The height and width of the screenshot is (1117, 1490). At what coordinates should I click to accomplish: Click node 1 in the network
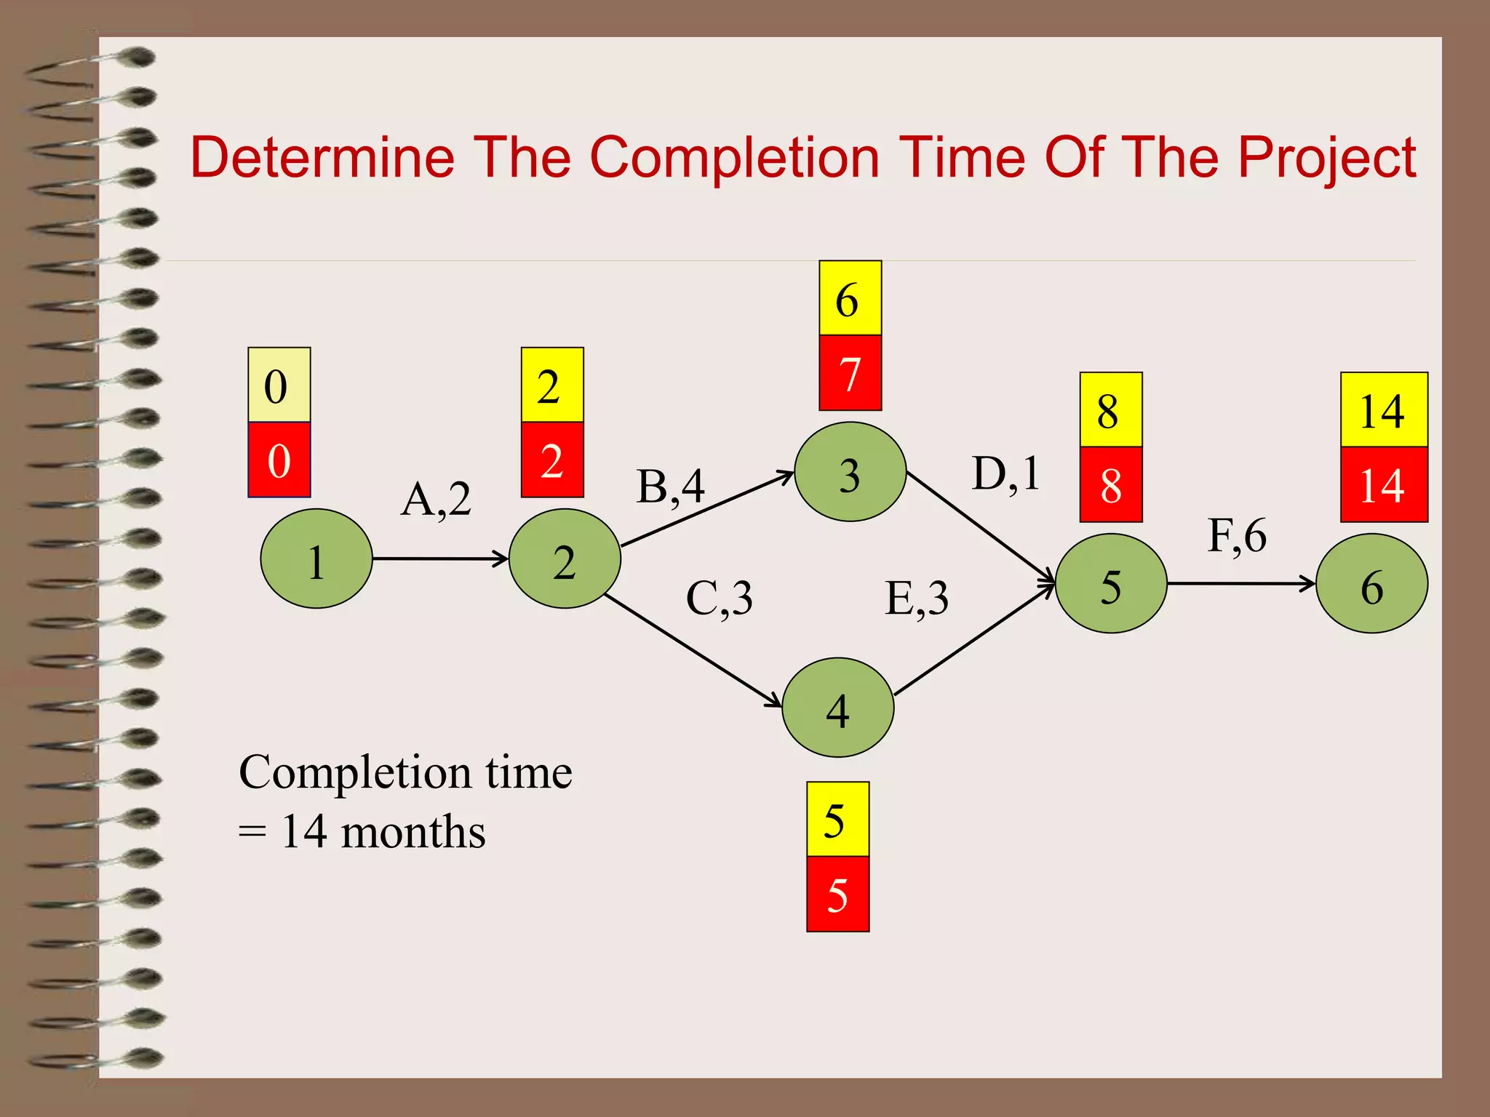coord(316,558)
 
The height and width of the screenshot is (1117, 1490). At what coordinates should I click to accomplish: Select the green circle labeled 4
coord(837,708)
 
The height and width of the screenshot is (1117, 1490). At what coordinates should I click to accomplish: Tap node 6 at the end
coord(1371,583)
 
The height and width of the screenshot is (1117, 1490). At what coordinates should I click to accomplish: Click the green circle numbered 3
coord(850,472)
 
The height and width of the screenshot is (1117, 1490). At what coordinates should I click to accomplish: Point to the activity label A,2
coord(436,500)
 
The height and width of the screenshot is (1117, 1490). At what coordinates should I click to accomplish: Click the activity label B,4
coord(670,487)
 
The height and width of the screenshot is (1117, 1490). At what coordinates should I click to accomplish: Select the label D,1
coord(1005,474)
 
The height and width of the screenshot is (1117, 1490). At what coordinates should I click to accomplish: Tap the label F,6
coord(1237,536)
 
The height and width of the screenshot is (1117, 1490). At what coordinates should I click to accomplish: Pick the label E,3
coord(916,598)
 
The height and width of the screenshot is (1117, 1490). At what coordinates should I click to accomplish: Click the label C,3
coord(719,598)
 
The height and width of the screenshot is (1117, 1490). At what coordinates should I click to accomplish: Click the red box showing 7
coord(850,373)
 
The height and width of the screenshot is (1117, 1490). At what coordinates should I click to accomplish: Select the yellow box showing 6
coord(850,298)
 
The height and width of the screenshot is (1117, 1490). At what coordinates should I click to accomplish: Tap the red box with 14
coord(1384,484)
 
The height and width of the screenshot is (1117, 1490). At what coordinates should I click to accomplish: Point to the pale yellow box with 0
coord(279,385)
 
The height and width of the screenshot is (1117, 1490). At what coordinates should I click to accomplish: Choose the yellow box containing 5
coord(837,819)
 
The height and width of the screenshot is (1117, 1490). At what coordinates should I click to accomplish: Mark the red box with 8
coord(1111,484)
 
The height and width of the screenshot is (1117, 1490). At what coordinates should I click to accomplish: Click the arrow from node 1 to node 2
coord(439,558)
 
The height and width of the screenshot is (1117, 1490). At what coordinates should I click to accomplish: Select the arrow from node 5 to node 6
coord(1240,583)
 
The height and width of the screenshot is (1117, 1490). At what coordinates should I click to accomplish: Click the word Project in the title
coord(1326,158)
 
